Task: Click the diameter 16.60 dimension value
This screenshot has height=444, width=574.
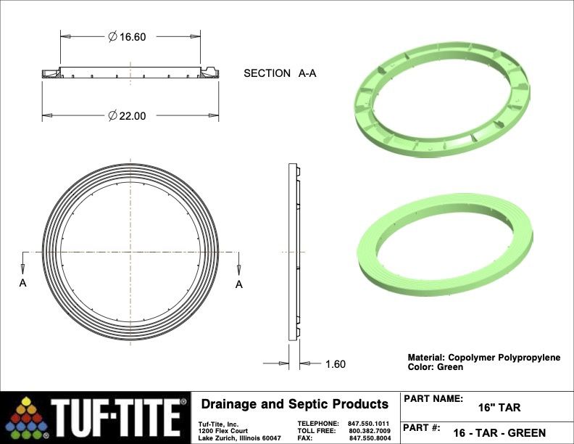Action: tap(127, 36)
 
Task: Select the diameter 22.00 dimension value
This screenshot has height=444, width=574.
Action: tap(127, 116)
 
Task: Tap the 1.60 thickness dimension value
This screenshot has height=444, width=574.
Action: tap(336, 363)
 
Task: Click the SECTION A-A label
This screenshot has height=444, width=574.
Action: tap(280, 73)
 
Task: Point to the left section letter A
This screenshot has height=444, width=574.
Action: tap(22, 283)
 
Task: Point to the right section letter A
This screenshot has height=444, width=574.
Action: tap(239, 284)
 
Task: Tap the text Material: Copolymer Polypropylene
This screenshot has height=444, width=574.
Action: tap(484, 358)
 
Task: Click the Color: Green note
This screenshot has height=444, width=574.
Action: tap(436, 367)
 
